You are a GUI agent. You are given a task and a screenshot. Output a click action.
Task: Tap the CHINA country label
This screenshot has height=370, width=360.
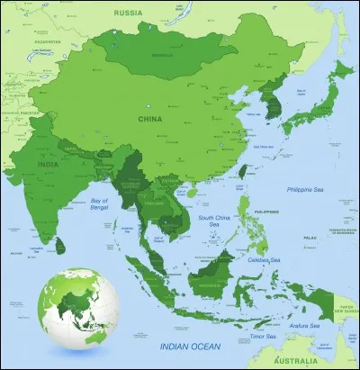coord(149,118)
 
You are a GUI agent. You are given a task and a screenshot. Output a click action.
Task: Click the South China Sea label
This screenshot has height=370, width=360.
coord(216,222)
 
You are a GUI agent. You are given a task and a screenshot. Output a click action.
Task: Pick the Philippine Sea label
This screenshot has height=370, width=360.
coord(304,190)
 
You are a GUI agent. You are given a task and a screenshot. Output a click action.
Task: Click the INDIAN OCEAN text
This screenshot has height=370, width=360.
coord(194,347)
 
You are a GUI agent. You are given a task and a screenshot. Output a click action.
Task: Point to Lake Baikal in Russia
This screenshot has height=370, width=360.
coord(184,14)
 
